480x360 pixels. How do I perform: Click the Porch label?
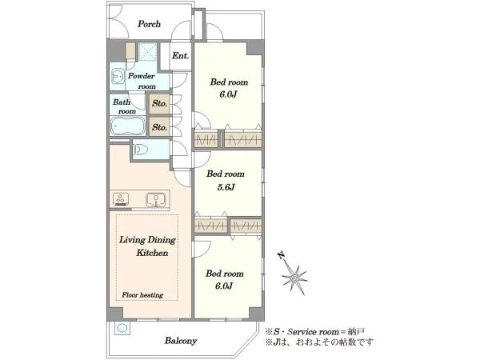click(149, 24)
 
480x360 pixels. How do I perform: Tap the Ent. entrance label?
click(180, 56)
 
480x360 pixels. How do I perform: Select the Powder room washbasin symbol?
click(118, 76)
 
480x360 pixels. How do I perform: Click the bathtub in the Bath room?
click(128, 126)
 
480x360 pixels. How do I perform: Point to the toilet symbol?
click(140, 150)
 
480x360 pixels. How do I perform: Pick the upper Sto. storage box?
click(159, 103)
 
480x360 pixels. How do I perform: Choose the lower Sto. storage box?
click(159, 126)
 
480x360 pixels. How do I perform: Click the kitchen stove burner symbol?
click(121, 198)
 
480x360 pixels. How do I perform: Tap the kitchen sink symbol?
click(157, 199)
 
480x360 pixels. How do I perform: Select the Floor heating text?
click(142, 295)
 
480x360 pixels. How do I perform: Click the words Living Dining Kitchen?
click(147, 246)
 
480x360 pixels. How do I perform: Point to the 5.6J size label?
click(226, 187)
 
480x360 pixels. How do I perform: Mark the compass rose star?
click(294, 278)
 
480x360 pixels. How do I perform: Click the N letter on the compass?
click(281, 255)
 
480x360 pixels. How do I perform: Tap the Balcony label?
click(181, 341)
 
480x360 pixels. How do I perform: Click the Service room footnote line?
click(315, 332)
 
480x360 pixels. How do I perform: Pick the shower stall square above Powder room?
click(147, 52)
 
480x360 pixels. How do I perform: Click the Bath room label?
click(124, 106)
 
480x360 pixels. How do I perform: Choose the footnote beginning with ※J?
click(319, 342)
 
